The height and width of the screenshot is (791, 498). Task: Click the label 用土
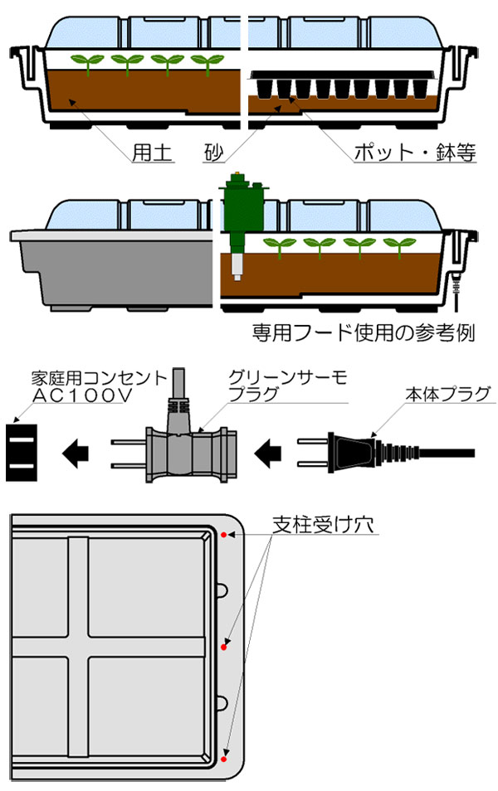point(154,153)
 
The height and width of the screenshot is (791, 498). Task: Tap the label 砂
point(212,153)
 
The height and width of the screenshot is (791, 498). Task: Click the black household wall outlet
point(22,452)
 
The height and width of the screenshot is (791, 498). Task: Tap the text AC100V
point(82,396)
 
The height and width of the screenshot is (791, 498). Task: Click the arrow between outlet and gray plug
point(77,452)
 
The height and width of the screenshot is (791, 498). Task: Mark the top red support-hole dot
point(224,535)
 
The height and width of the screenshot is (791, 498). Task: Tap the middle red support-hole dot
point(224,644)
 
